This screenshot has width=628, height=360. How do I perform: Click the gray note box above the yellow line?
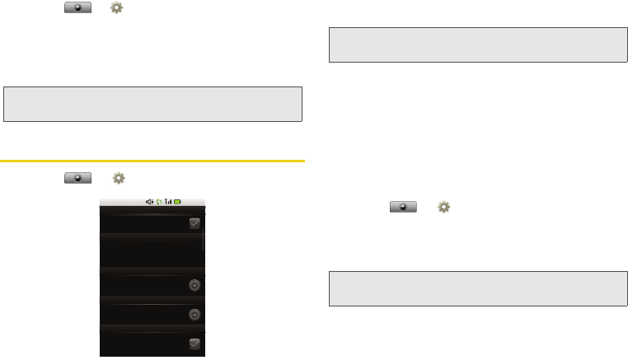coord(153,103)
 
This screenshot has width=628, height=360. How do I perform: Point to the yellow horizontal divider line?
coord(153,161)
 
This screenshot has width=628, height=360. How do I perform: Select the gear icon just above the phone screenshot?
coord(119,178)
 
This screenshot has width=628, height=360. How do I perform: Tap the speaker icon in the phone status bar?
coord(149,202)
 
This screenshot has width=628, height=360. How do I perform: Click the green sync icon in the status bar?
coord(159,202)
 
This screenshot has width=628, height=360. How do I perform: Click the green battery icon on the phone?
coord(177,202)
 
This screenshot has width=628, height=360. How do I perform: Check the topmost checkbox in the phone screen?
coord(194,223)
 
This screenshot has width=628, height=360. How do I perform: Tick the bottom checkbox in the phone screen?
coord(194,344)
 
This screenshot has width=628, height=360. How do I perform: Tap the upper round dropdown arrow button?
coord(194,285)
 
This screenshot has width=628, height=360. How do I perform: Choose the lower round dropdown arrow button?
coord(194,314)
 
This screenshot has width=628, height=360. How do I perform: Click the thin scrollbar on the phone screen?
coord(204,235)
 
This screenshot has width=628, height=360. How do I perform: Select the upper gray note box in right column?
coord(477,44)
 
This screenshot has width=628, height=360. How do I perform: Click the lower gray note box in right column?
coord(477,288)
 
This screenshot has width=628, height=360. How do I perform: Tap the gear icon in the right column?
coord(443,208)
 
